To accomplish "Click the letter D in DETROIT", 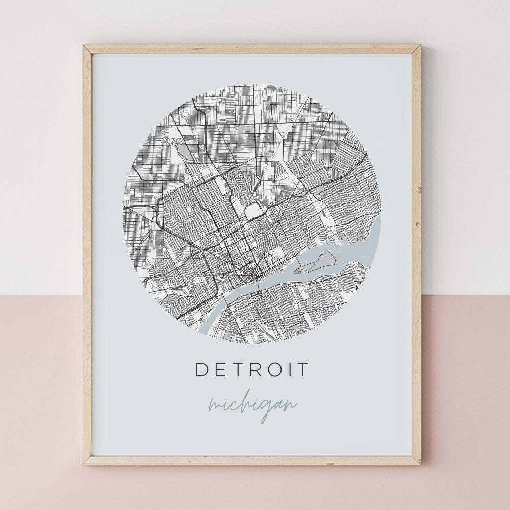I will click(201, 370).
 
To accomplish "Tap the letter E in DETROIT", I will click(220, 370).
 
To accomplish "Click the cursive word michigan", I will click(252, 405).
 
